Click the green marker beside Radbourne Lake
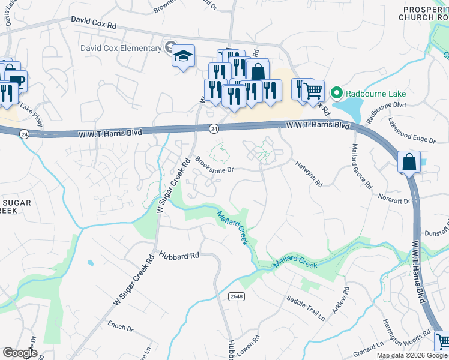(x=336, y=94)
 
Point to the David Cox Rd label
(x=93, y=20)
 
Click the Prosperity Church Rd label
(x=424, y=13)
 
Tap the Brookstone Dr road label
(x=214, y=166)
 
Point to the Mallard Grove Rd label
(x=361, y=166)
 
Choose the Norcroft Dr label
(x=394, y=199)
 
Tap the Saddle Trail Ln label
(x=305, y=308)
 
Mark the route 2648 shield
(x=237, y=296)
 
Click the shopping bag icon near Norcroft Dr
(x=409, y=162)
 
